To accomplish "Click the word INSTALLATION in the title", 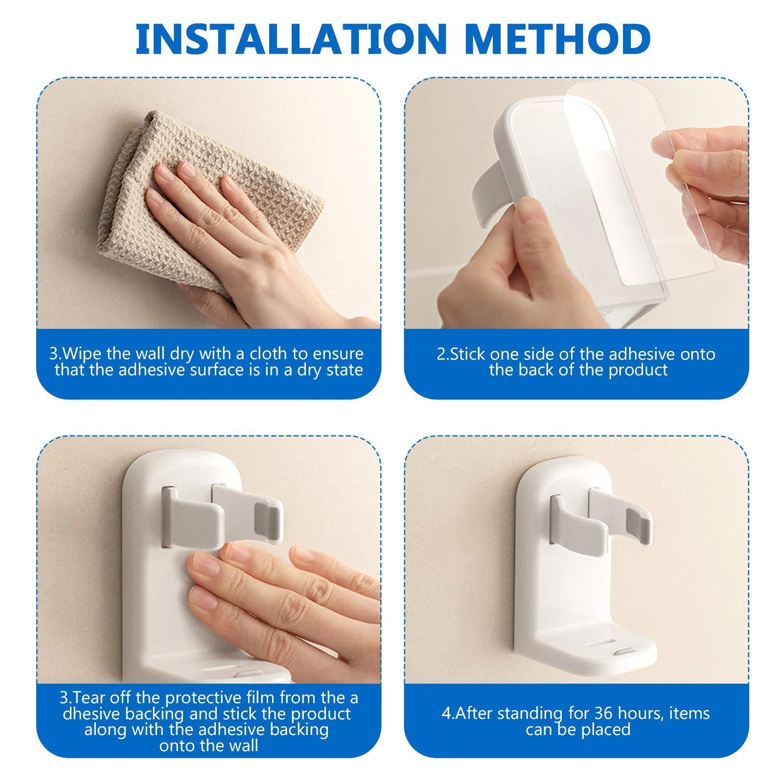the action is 291,39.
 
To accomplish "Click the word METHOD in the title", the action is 558,39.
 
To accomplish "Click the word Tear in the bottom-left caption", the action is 91,697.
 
